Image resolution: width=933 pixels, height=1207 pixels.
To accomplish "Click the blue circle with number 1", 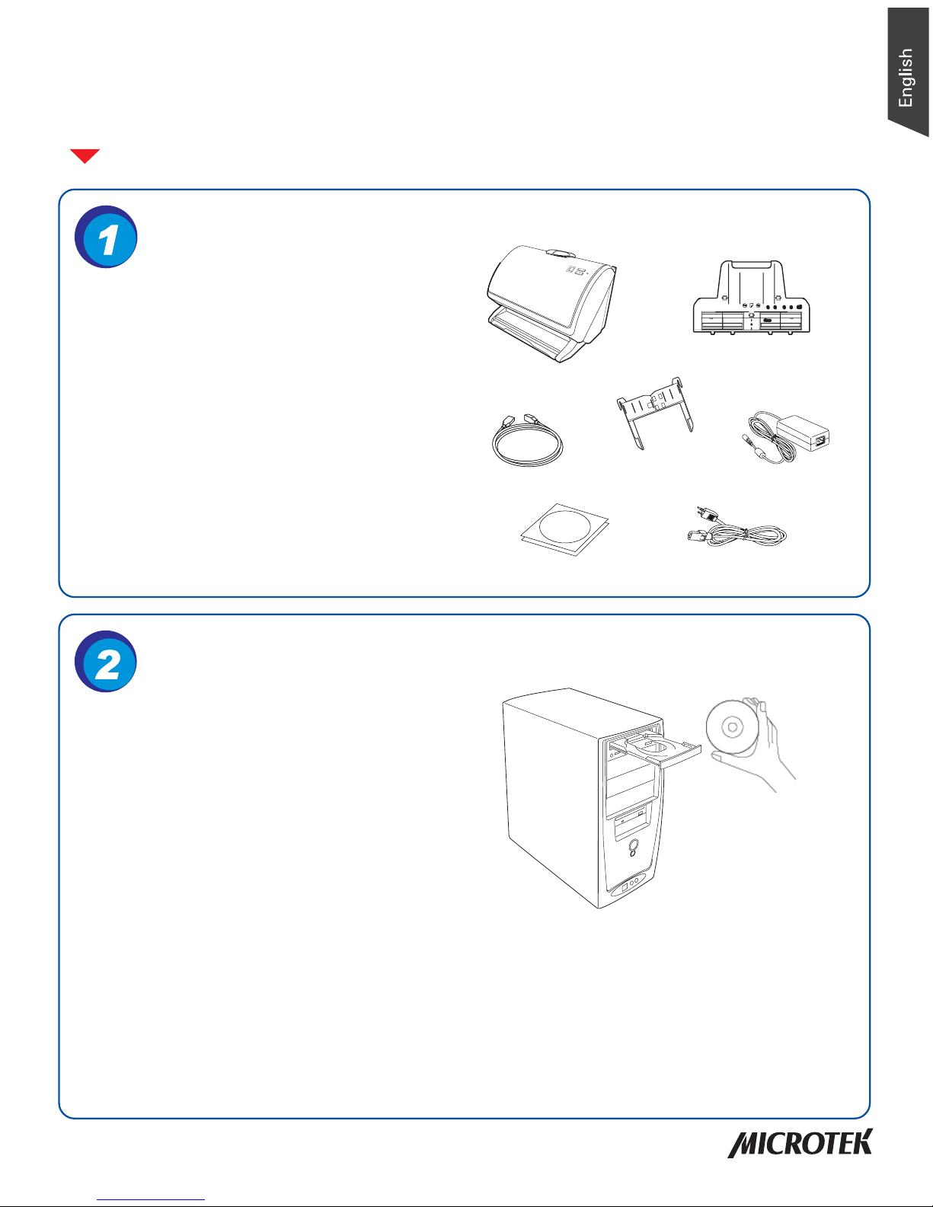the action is pyautogui.click(x=106, y=237).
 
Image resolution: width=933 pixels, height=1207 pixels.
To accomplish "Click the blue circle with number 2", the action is pyautogui.click(x=106, y=662).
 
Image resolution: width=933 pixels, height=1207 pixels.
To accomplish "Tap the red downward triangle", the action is pyautogui.click(x=85, y=155).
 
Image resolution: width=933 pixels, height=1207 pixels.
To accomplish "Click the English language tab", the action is pyautogui.click(x=907, y=72).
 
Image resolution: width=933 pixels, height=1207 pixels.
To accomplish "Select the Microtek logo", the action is pyautogui.click(x=800, y=1143).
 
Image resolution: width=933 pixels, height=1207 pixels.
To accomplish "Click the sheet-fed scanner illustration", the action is pyautogui.click(x=551, y=303).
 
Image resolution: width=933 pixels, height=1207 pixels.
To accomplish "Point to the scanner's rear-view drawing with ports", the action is pyautogui.click(x=752, y=297).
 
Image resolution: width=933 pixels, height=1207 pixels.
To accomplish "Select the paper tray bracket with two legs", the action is pyautogui.click(x=655, y=412).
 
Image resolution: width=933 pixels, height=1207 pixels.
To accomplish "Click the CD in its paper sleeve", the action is pyautogui.click(x=564, y=529).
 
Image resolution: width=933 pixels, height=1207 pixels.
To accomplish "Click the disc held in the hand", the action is pyautogui.click(x=733, y=726).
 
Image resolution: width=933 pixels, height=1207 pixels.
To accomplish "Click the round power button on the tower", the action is pyautogui.click(x=633, y=846).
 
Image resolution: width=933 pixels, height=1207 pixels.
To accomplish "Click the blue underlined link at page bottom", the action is pyautogui.click(x=151, y=1198).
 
